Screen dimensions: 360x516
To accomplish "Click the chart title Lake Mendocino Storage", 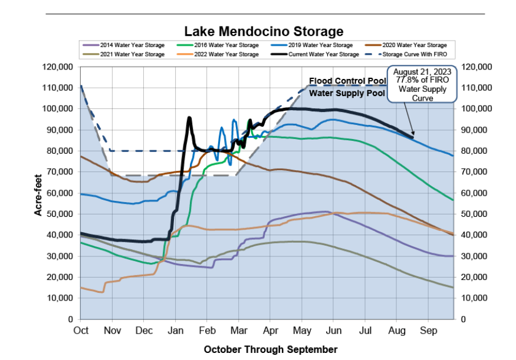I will pyautogui.click(x=263, y=31).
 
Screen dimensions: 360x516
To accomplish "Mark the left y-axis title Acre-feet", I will pyautogui.click(x=38, y=192).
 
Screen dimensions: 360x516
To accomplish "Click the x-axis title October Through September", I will pyautogui.click(x=271, y=349).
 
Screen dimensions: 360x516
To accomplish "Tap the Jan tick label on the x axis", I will pyautogui.click(x=176, y=331).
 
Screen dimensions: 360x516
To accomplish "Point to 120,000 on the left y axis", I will pyautogui.click(x=58, y=67).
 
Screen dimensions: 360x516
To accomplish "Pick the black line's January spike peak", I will pyautogui.click(x=189, y=117).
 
